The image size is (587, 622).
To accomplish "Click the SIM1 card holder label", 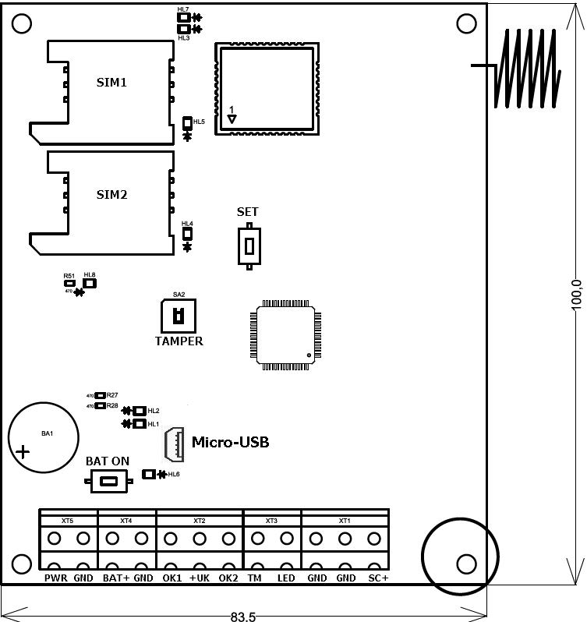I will point(111,82).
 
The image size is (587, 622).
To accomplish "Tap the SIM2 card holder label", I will point(111,194).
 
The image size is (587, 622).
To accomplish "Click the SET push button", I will point(249,246).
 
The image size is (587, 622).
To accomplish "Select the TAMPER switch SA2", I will point(179,316).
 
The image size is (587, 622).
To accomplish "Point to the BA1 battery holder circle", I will point(43,436).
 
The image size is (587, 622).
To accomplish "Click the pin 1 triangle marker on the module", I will point(232,119).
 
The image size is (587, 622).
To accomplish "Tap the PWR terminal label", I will point(55,578).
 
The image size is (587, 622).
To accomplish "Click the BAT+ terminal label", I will point(115,578).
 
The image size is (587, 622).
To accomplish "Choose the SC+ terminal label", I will point(378,578).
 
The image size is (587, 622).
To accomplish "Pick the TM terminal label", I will point(254,578).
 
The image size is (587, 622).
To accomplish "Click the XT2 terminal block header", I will point(200,520).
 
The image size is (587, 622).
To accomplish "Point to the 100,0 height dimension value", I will point(577,294).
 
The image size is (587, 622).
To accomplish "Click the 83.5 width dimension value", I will point(243,616).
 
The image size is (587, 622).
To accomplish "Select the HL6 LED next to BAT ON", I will point(149,474).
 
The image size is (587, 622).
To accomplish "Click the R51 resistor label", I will point(69,276).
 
